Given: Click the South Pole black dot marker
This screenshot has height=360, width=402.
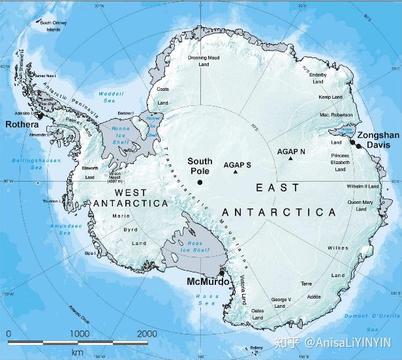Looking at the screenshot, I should pos(200,182).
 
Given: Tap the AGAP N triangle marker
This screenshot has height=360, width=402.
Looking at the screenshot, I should pos(290,159).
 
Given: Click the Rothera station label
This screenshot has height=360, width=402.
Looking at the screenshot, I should pos(22,123).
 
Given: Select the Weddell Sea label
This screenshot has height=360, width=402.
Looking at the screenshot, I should pos(106,97).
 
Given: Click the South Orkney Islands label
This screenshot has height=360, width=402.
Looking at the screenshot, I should pos(55,25).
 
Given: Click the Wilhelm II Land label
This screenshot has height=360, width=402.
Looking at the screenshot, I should pos(363,186).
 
